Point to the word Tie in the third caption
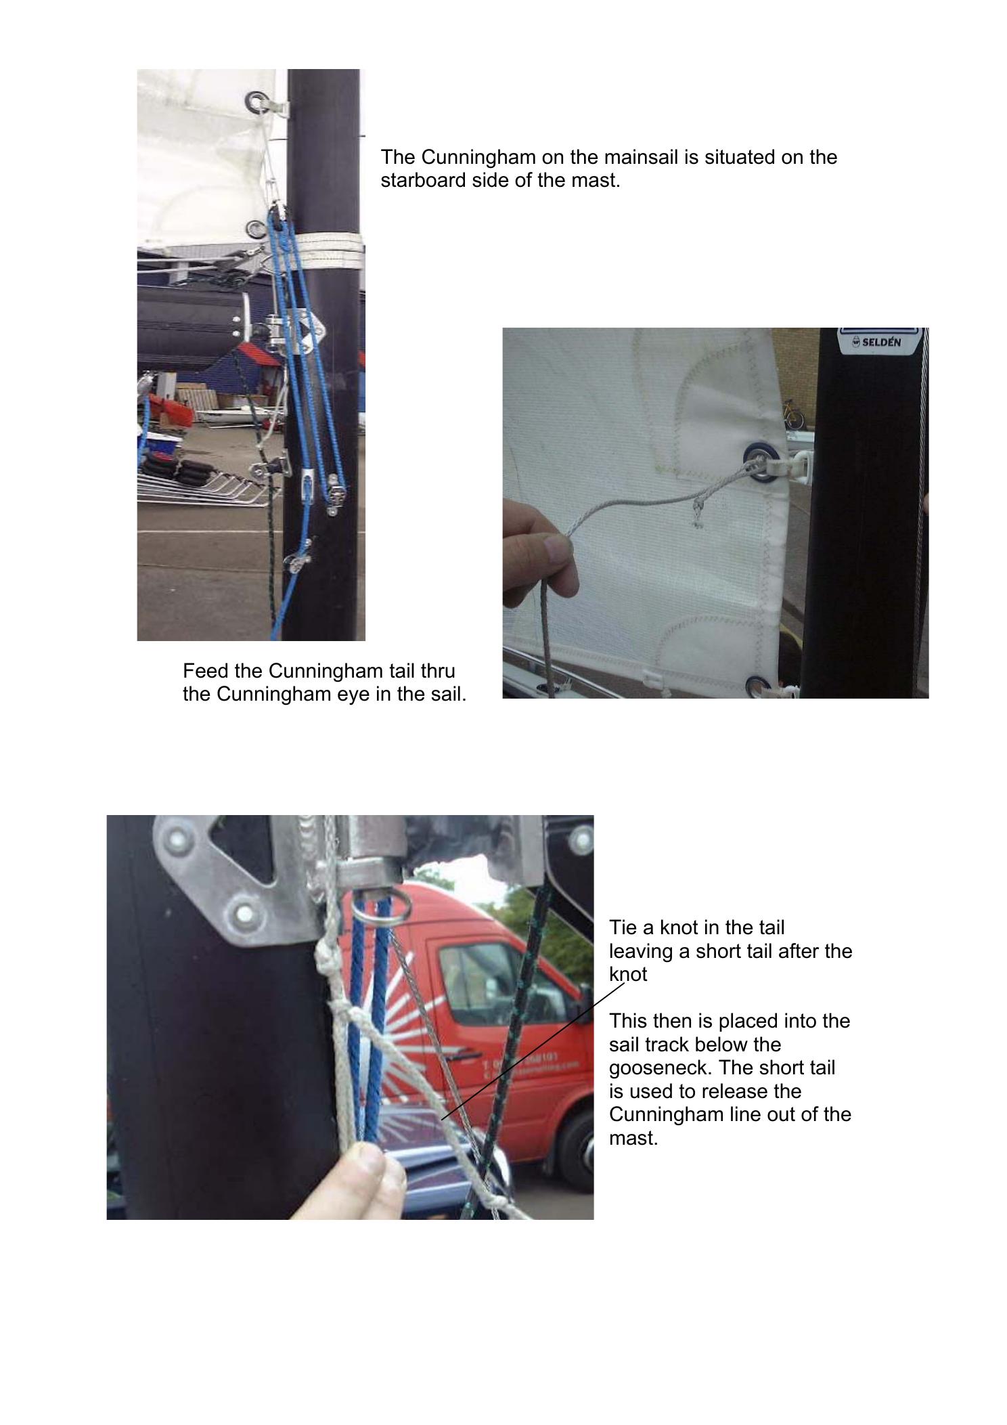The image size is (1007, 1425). click(623, 927)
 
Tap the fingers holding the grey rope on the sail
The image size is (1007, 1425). click(541, 548)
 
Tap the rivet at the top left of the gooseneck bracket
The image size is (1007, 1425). click(178, 841)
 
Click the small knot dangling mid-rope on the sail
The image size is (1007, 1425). click(697, 512)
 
